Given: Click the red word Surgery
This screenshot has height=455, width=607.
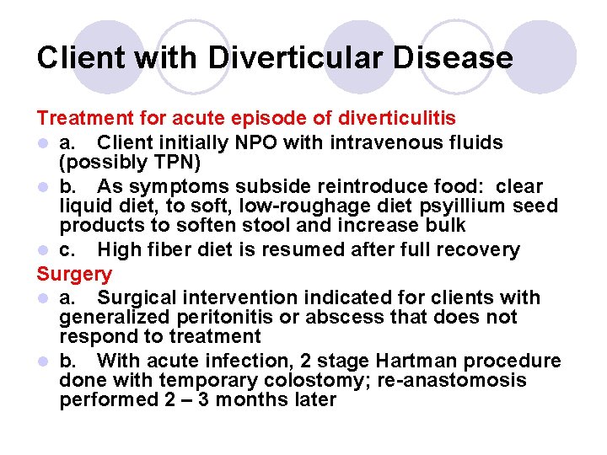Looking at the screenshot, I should [74, 274].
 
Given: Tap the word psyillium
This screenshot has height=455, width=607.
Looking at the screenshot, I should [419, 206].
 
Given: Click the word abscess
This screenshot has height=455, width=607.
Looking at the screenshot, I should [331, 317].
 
